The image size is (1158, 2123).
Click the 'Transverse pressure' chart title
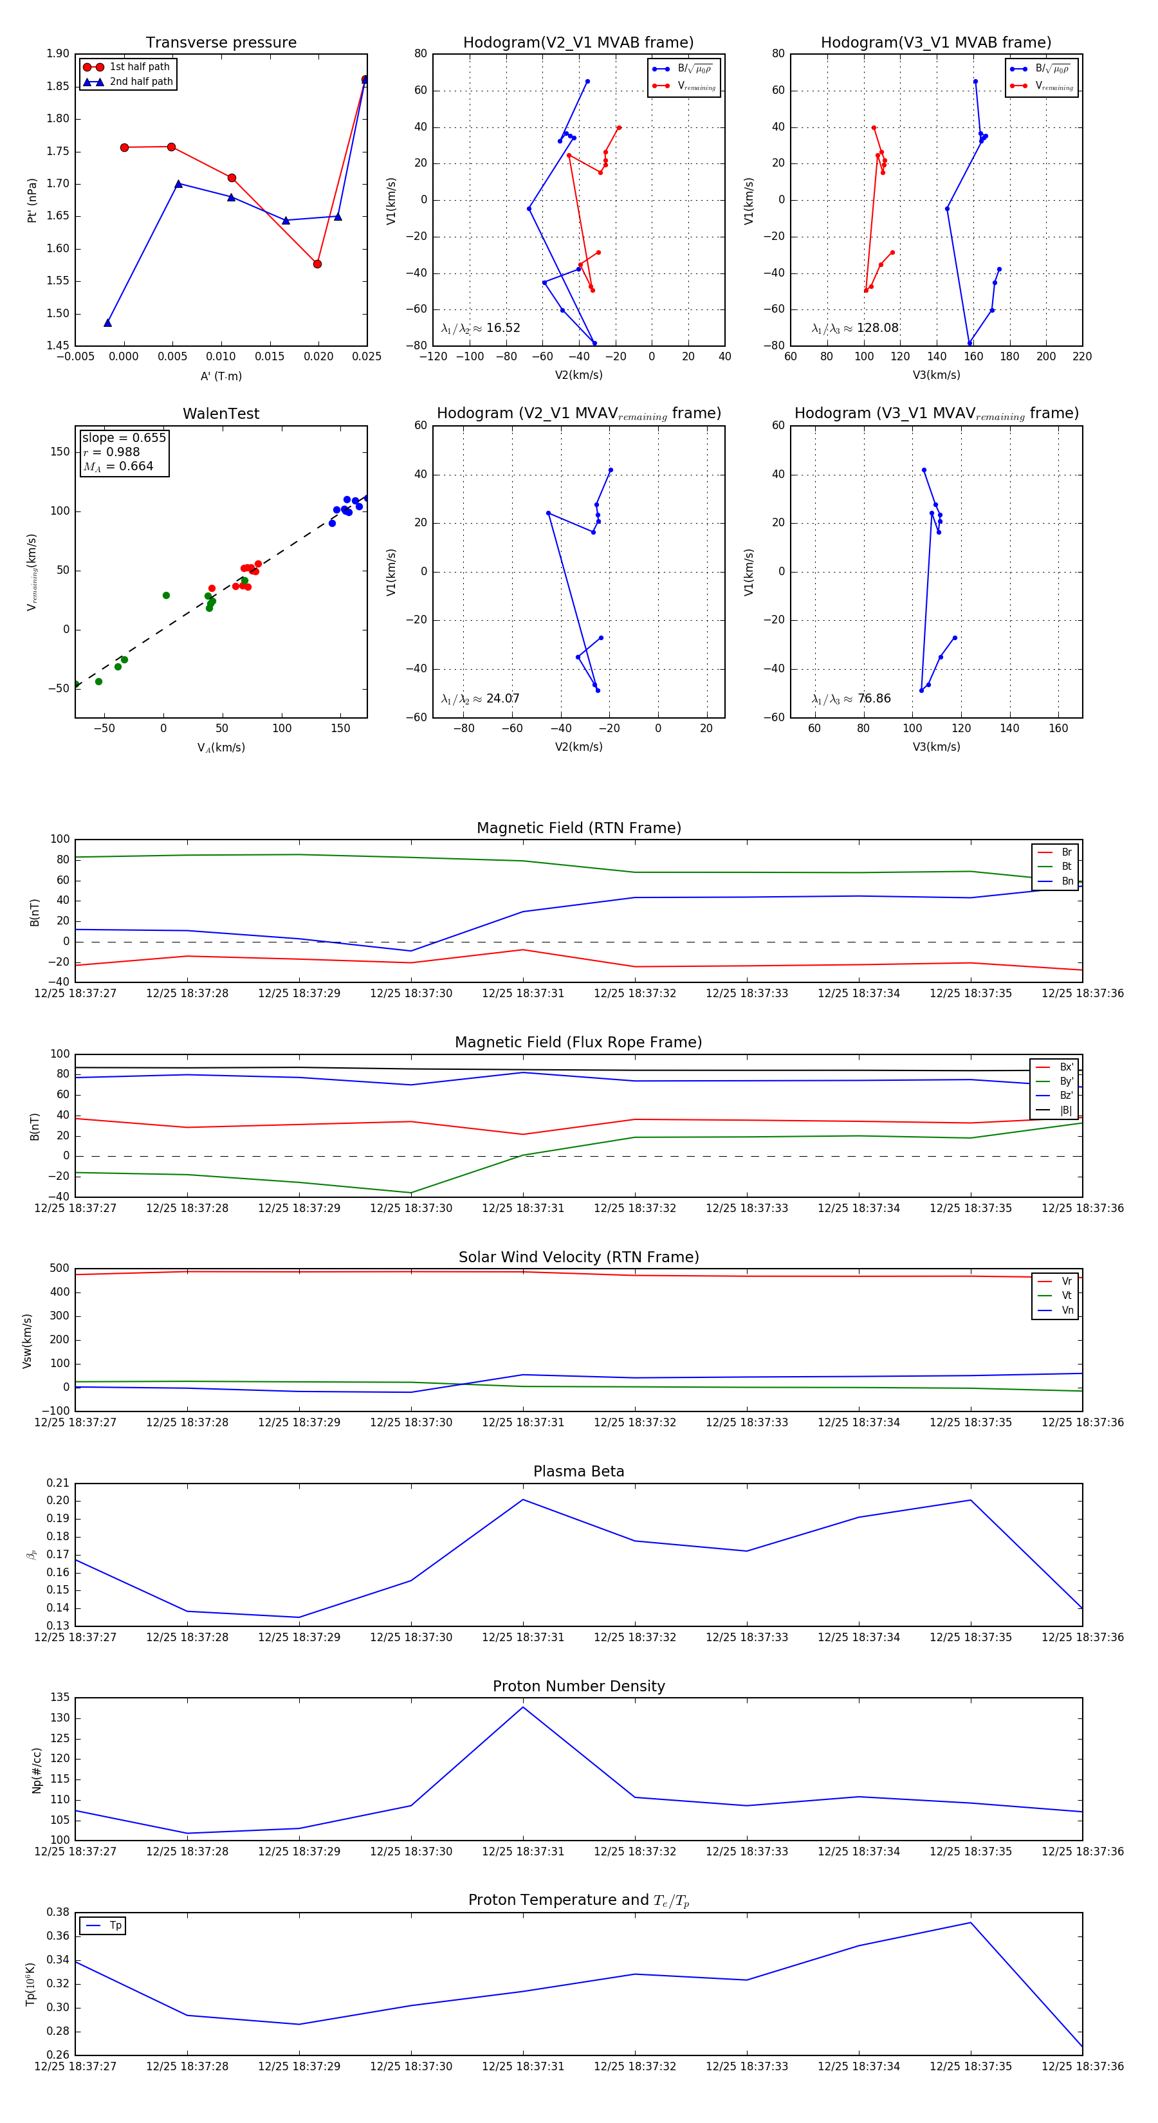point(221,43)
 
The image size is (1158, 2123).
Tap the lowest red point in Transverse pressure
point(317,264)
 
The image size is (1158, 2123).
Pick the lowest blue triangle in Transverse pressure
point(108,323)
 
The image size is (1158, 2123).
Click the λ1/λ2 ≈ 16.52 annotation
point(481,328)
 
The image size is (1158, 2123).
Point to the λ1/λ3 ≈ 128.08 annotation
point(855,328)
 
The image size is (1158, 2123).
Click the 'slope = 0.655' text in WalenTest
point(124,437)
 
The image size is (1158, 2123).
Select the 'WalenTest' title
point(221,414)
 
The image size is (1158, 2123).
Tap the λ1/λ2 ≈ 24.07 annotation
point(481,699)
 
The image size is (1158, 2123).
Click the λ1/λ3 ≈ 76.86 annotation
point(851,699)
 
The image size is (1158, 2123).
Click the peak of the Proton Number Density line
point(522,1707)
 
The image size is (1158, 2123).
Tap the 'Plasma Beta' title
point(578,1472)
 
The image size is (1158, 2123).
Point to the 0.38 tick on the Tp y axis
point(58,1912)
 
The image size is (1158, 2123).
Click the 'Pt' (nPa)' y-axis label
point(32,200)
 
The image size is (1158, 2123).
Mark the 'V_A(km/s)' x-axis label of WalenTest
point(221,748)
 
